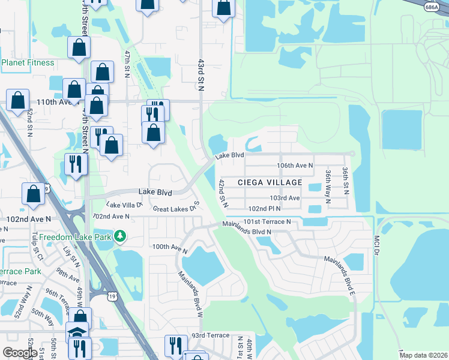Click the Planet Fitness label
pos(28,62)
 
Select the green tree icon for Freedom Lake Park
pos(121,236)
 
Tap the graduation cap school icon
pos(77,332)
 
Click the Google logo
pos(19,353)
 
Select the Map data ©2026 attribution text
pos(423,355)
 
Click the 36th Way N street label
pos(328,184)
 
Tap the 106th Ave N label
pos(295,165)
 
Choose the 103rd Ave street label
pos(285,197)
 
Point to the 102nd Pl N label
pos(265,208)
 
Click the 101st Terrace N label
pos(267,221)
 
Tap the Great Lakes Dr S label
pos(175,209)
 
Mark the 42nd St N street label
pos(223,193)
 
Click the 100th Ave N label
pos(170,247)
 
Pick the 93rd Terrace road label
pos(211,335)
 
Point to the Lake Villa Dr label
pos(124,205)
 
